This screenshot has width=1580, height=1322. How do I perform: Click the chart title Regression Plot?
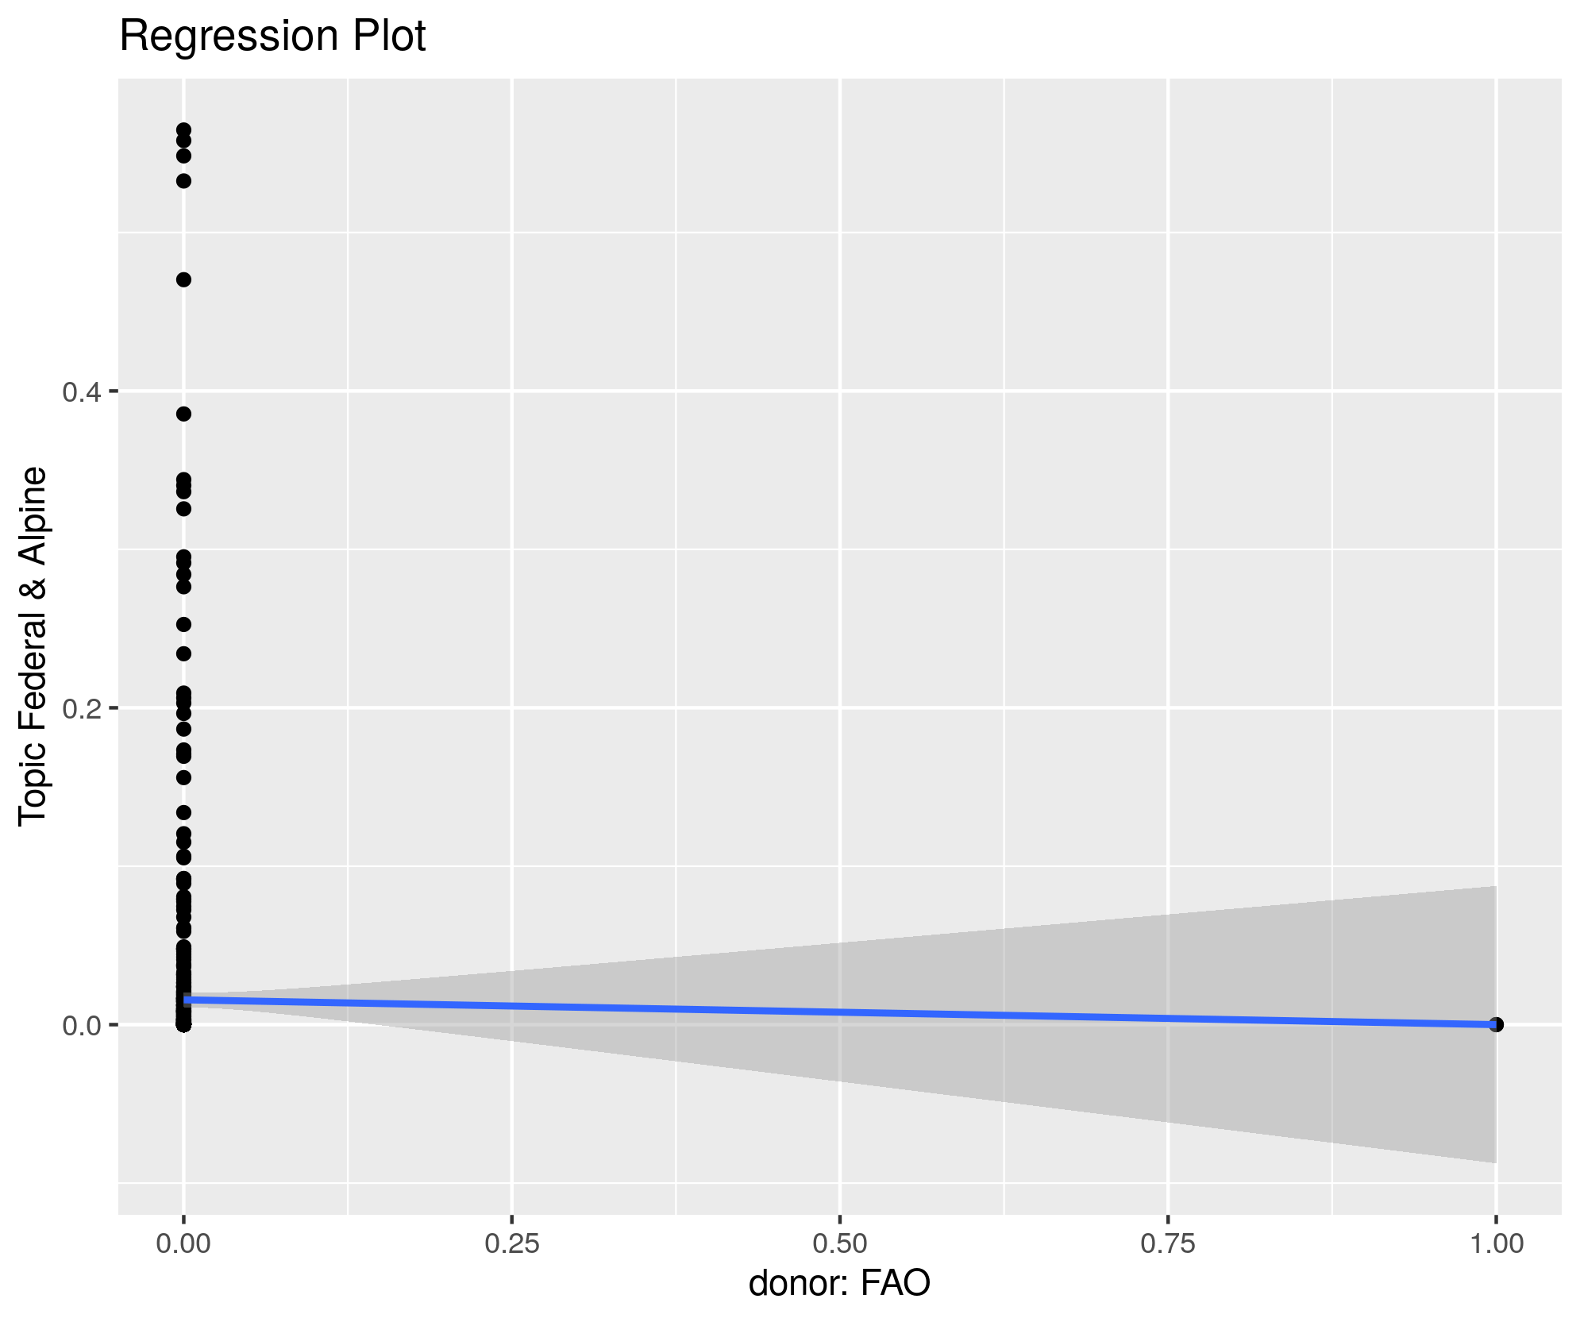point(272,37)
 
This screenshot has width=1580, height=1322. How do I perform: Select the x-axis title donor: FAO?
point(839,1283)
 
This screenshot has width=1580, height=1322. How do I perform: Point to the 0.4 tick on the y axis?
point(79,391)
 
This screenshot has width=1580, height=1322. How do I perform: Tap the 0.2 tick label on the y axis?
point(79,708)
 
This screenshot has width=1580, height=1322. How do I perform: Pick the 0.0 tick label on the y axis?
point(79,1025)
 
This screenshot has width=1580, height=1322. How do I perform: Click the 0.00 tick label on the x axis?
point(183,1243)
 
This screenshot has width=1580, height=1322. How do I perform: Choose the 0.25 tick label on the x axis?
point(512,1243)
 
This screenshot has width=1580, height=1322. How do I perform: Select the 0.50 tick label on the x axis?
point(840,1243)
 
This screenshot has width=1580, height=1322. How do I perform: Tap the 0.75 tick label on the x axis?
point(1168,1243)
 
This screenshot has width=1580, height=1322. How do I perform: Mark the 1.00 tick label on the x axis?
point(1497,1243)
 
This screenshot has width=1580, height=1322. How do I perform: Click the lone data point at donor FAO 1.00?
point(1497,1024)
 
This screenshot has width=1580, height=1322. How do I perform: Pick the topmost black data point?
point(183,129)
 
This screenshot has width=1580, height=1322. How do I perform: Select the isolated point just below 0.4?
point(183,414)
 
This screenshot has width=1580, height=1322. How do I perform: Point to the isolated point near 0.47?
point(183,279)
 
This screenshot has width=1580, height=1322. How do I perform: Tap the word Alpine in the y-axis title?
point(33,511)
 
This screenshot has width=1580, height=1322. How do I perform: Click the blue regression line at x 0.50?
point(840,1012)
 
